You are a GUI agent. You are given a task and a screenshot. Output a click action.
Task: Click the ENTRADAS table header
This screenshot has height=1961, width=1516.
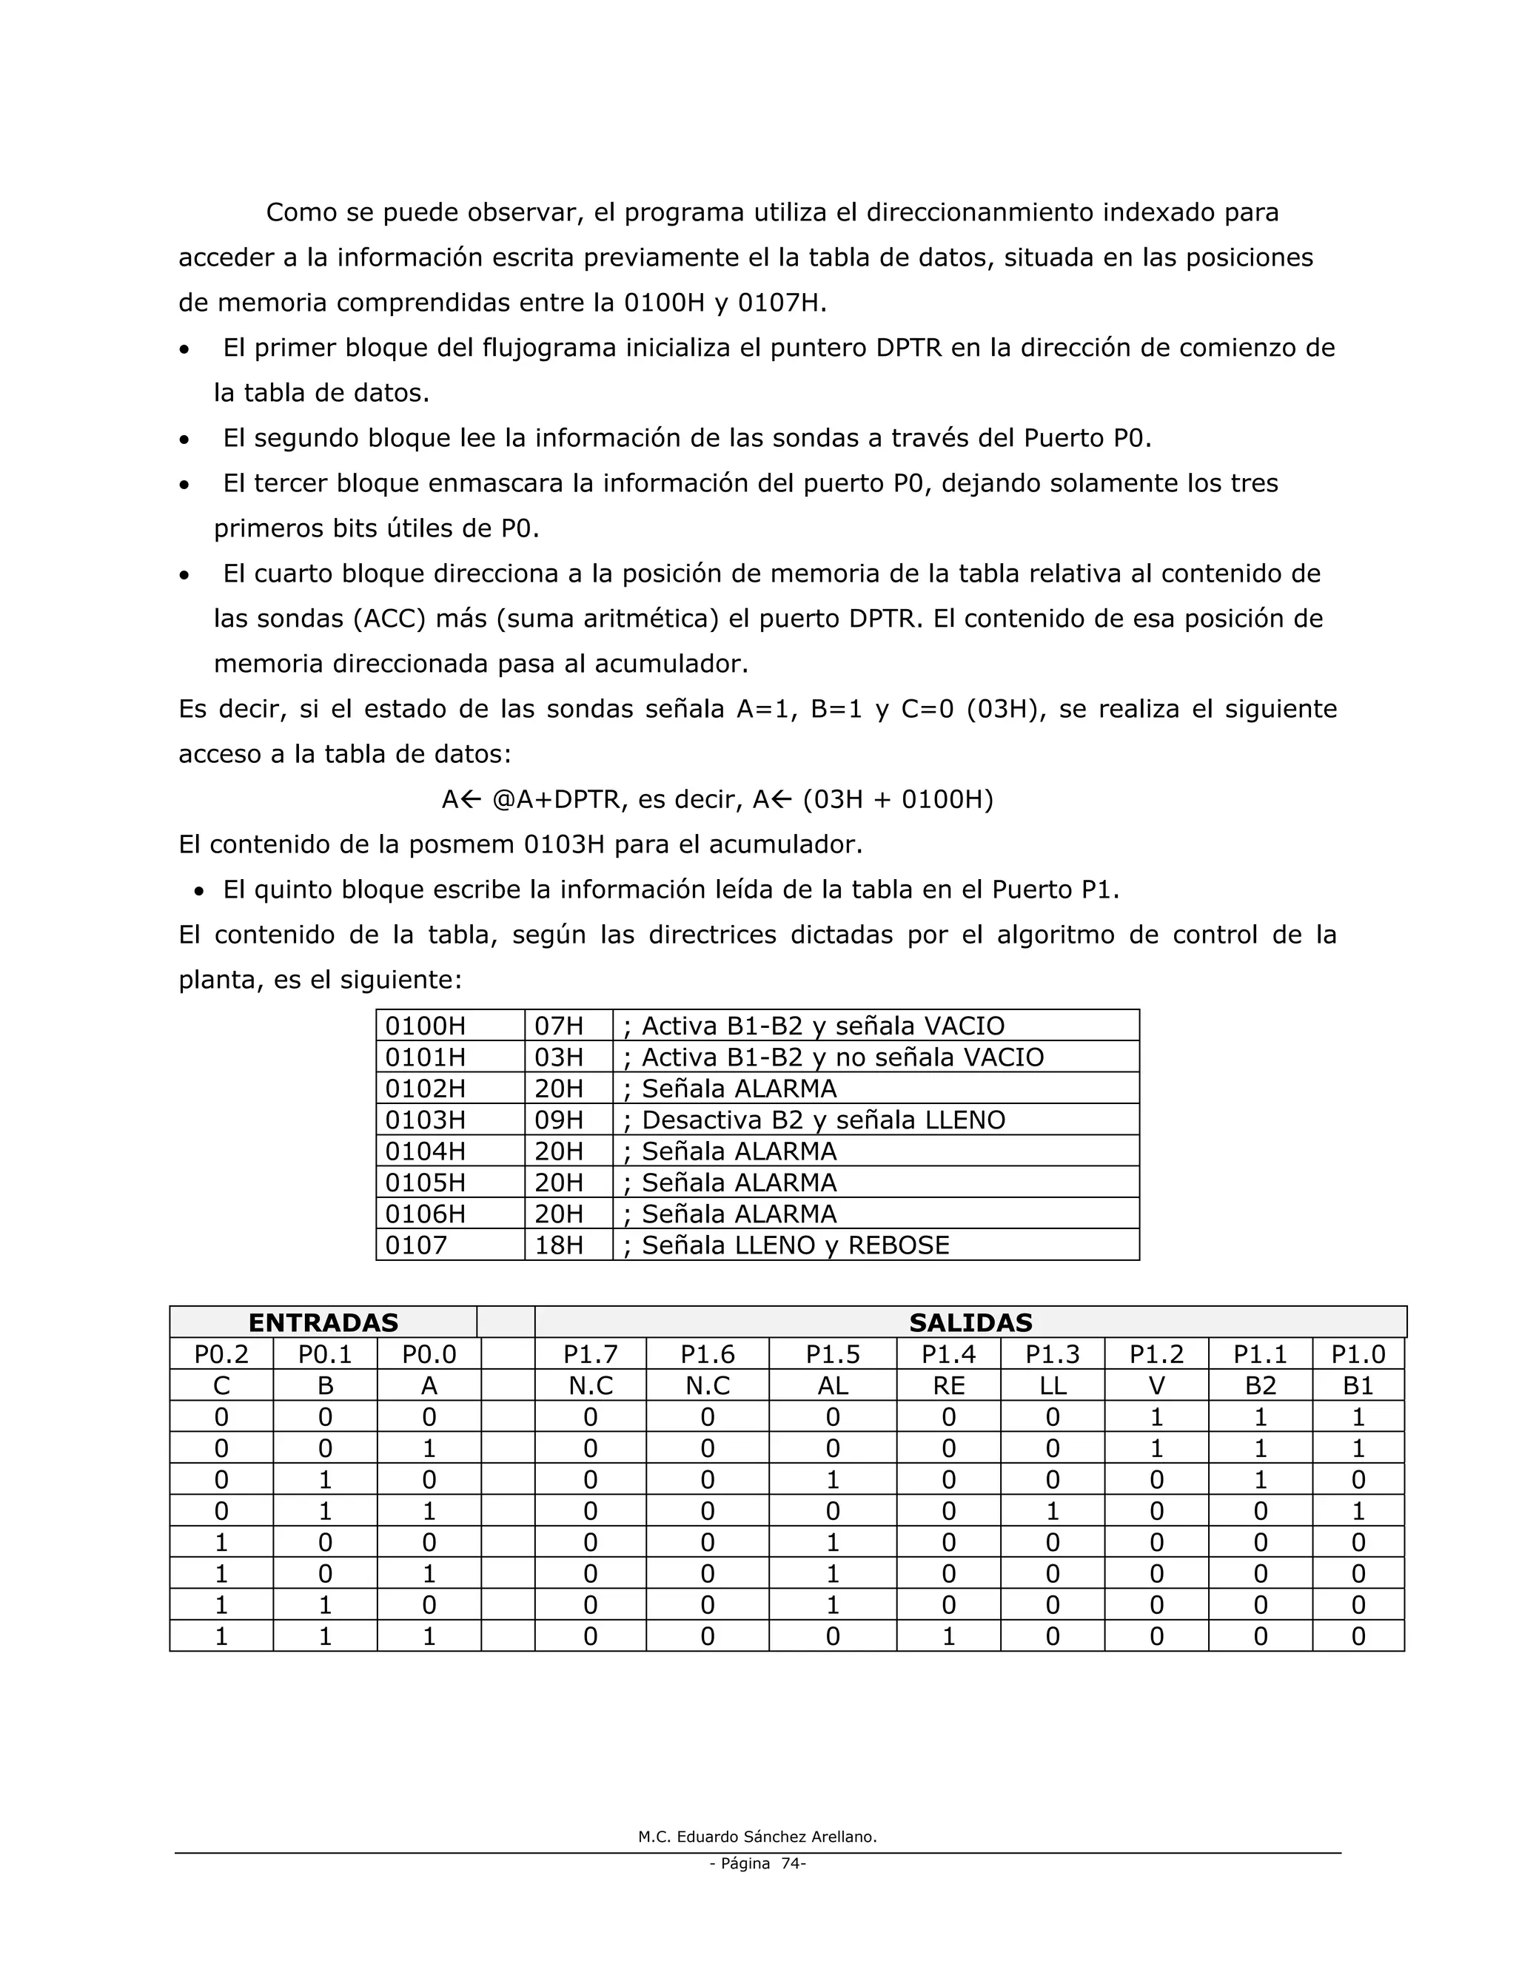coord(323,1322)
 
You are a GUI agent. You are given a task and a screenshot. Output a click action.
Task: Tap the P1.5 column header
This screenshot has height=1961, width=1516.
coord(833,1354)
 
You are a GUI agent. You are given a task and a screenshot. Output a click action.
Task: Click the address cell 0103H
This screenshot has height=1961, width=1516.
coord(425,1120)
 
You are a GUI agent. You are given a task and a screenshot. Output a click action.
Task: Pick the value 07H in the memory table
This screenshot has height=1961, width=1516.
coord(559,1026)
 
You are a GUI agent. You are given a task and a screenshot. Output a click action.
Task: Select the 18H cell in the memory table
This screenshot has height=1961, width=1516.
coord(559,1245)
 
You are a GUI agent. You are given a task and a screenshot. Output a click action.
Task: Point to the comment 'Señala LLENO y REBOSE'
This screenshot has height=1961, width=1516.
coord(794,1245)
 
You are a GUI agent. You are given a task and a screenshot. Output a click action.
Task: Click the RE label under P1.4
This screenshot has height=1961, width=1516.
coord(948,1385)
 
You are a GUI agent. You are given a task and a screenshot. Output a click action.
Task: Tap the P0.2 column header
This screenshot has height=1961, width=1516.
coord(221,1354)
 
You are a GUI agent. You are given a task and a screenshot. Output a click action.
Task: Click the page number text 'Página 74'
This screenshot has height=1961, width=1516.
coord(757,1863)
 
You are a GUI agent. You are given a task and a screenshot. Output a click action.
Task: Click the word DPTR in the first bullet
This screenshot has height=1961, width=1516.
coord(908,349)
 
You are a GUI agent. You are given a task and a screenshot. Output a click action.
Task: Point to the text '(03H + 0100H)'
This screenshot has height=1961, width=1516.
coord(897,799)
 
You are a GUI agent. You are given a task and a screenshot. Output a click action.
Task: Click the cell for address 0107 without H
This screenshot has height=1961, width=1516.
coord(416,1245)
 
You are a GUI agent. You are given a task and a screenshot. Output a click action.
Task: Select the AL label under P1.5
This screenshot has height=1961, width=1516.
coord(833,1385)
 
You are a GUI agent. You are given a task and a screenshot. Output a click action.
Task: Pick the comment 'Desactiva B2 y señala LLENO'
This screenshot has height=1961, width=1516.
coord(822,1120)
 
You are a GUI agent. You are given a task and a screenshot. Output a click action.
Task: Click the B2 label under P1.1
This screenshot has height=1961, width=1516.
coord(1260,1385)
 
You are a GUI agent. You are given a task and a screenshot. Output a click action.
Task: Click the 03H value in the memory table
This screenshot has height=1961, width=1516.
coord(559,1057)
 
